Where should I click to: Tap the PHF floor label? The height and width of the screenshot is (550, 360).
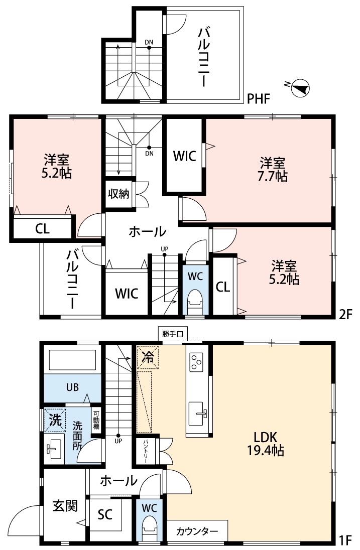[259, 99]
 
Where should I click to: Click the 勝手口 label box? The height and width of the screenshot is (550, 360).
[173, 334]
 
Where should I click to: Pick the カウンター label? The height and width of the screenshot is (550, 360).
[197, 531]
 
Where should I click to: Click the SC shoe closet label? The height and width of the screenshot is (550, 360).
[105, 514]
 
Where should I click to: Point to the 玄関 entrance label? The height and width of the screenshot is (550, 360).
[65, 506]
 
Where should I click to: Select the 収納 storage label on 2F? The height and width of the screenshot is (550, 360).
[118, 194]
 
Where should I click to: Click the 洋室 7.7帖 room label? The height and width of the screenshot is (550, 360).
[273, 170]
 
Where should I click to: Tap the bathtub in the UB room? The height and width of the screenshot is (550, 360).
[73, 360]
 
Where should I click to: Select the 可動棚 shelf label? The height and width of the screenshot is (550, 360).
[96, 420]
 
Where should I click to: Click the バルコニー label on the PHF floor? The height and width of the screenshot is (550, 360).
[204, 57]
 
